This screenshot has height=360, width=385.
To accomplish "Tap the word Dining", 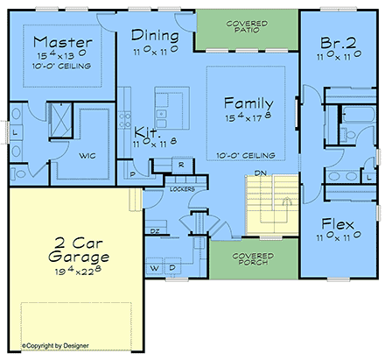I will [x=156, y=35].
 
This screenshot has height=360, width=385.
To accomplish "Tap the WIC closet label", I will [x=86, y=157].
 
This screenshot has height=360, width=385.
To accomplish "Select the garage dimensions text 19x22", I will [x=79, y=273].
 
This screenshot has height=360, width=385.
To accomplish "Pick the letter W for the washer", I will [x=154, y=267].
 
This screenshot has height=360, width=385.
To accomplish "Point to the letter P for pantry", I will [x=132, y=174].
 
